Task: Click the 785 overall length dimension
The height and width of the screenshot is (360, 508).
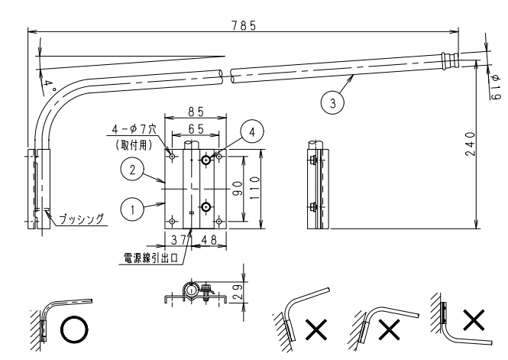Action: (x=244, y=25)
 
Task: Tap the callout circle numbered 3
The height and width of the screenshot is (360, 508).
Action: (x=333, y=103)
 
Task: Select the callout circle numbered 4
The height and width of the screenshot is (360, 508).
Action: (x=252, y=132)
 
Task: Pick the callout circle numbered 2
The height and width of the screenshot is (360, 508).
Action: (x=132, y=170)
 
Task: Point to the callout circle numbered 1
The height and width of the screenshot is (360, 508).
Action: (x=132, y=209)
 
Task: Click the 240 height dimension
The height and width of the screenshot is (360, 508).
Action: (x=471, y=144)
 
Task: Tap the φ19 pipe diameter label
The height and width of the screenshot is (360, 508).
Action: (x=496, y=87)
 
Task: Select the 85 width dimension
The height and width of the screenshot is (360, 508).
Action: (x=196, y=112)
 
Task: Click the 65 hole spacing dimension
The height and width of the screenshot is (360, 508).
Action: (x=196, y=129)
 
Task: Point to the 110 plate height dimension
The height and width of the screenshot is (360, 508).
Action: (x=254, y=188)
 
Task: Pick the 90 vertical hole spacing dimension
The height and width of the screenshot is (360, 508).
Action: (x=238, y=189)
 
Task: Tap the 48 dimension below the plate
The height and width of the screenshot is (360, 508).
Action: (x=209, y=240)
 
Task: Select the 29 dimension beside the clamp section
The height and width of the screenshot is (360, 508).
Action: (x=238, y=292)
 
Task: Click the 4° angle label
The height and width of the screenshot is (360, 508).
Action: (x=49, y=86)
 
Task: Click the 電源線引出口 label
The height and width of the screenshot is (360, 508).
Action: (x=151, y=258)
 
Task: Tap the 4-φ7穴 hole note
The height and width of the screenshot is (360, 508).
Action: (x=134, y=130)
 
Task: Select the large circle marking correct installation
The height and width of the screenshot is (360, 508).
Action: (x=74, y=329)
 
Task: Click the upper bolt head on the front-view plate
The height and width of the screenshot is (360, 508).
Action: (x=206, y=160)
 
